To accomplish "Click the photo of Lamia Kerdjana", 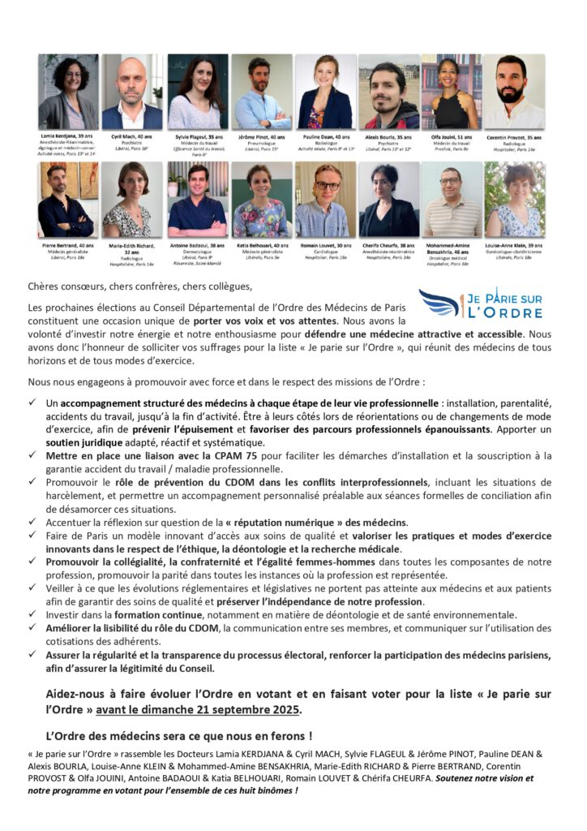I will click(67, 92).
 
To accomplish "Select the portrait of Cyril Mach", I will click(131, 92).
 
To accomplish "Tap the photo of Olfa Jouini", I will click(452, 92).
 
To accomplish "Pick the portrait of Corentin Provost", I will click(515, 92).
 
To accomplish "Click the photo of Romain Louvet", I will click(324, 199).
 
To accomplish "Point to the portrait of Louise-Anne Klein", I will click(515, 199).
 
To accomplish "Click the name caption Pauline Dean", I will click(324, 138).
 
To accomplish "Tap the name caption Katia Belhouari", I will click(259, 244).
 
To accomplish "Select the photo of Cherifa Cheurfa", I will click(388, 199).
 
